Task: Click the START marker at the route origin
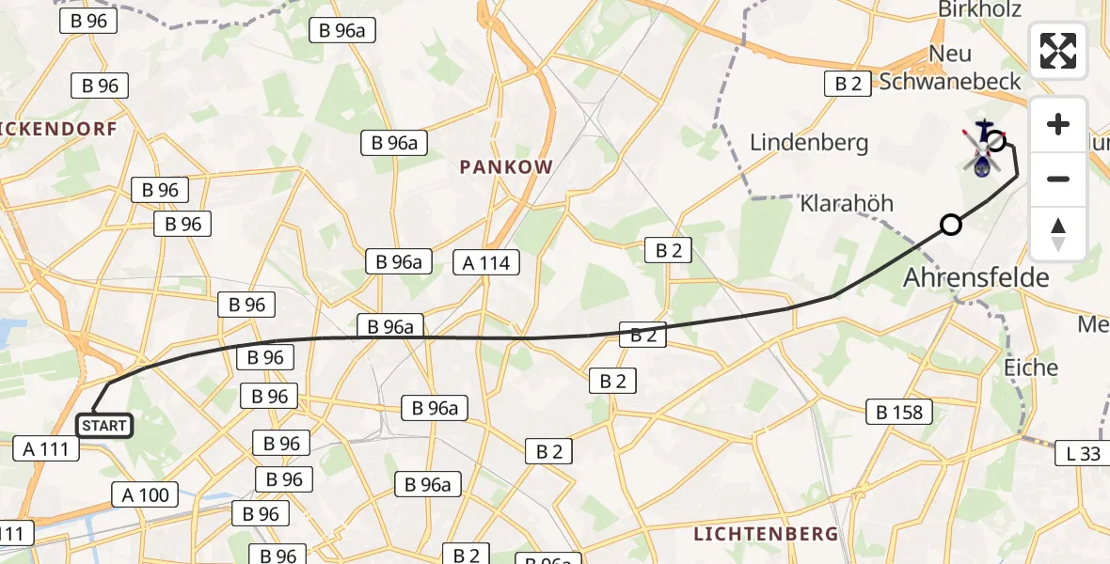pyautogui.click(x=103, y=426)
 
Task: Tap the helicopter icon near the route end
pyautogui.click(x=983, y=150)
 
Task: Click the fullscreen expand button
pyautogui.click(x=1058, y=51)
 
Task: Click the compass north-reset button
pyautogui.click(x=1058, y=234)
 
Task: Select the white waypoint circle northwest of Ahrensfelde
pyautogui.click(x=951, y=225)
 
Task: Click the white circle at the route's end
pyautogui.click(x=996, y=142)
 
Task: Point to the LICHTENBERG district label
pyautogui.click(x=765, y=534)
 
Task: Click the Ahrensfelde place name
pyautogui.click(x=976, y=277)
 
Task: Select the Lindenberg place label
pyautogui.click(x=808, y=143)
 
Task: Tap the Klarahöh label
pyautogui.click(x=847, y=203)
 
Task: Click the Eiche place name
pyautogui.click(x=1031, y=367)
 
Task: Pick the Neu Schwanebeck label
pyautogui.click(x=950, y=68)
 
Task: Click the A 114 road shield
pyautogui.click(x=486, y=262)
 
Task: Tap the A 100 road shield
pyautogui.click(x=146, y=494)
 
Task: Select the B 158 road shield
pyautogui.click(x=899, y=411)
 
